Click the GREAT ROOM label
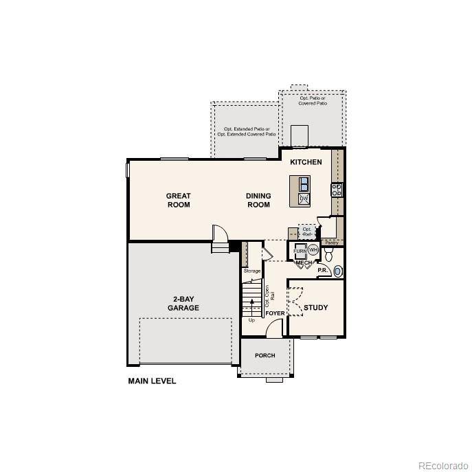click(x=178, y=200)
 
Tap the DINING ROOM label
click(x=258, y=200)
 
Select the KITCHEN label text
click(x=306, y=162)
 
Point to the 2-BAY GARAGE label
click(x=183, y=304)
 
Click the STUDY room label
click(x=315, y=307)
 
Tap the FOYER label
click(x=275, y=313)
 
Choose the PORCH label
click(x=265, y=355)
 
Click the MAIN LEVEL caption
click(x=152, y=381)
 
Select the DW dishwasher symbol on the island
click(x=303, y=199)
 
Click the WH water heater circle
click(x=313, y=250)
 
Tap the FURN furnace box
click(x=300, y=251)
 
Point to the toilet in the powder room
click(x=328, y=256)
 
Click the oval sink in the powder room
click(x=337, y=271)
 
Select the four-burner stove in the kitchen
click(x=337, y=190)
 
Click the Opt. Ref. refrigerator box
click(x=307, y=232)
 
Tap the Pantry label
click(x=331, y=243)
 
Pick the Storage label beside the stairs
click(x=252, y=271)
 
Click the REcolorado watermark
click(x=441, y=463)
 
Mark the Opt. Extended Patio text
click(x=244, y=131)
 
